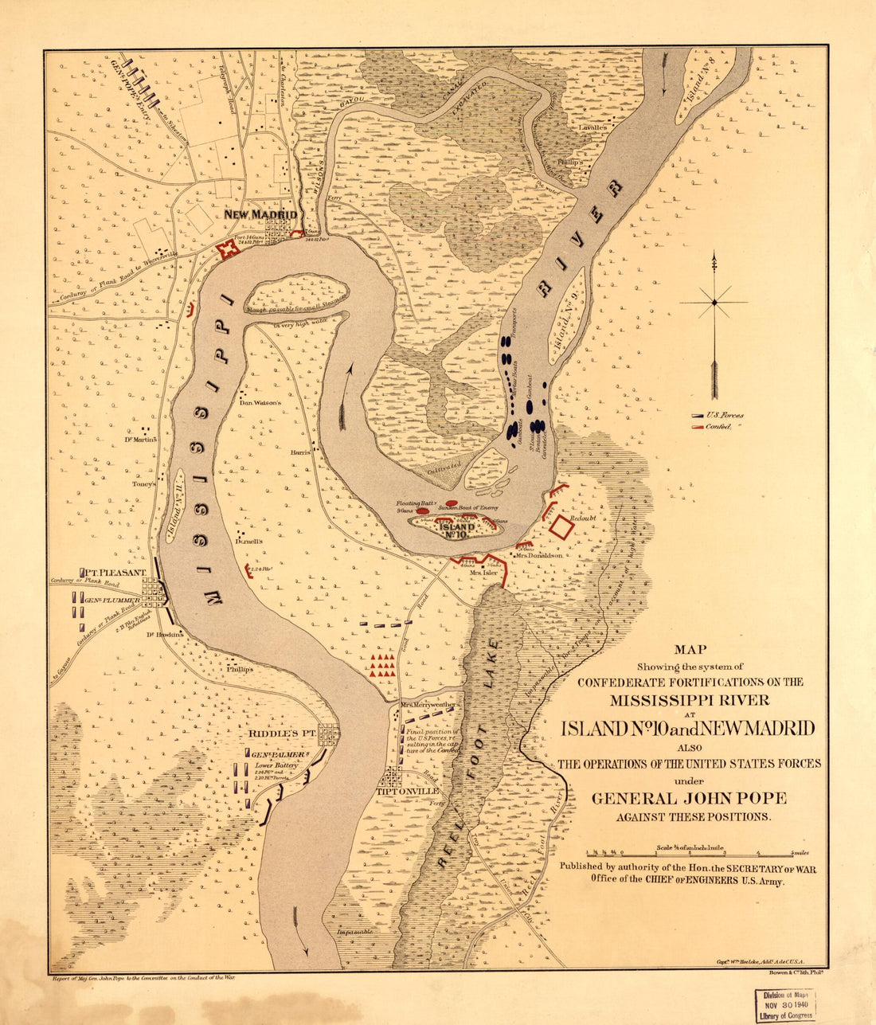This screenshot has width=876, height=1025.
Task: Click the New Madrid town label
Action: (260, 215)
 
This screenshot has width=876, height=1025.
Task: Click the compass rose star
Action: (715, 302)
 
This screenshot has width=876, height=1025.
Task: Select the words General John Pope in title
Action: (689, 798)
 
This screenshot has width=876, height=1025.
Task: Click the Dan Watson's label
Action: (261, 403)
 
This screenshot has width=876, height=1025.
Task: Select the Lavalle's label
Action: (593, 127)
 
